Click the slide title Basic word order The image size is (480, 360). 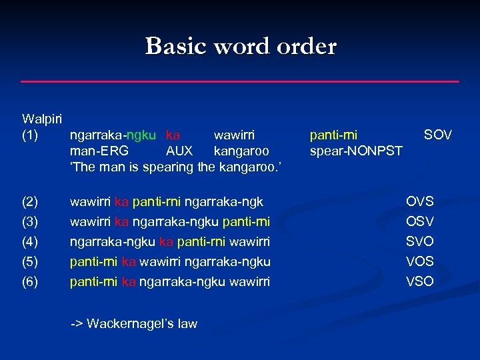point(241,46)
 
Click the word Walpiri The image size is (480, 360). point(42,119)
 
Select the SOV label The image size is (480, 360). point(438,135)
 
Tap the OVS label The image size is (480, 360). point(420,201)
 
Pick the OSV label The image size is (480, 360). point(420,221)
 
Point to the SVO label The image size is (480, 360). point(420,241)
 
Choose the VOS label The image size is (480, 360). point(420,261)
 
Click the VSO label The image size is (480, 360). point(420,281)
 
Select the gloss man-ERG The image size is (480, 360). point(99,151)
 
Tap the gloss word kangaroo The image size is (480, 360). point(241,151)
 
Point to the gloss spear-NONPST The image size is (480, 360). point(356,151)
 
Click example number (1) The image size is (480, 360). point(31,135)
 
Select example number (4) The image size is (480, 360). point(31,241)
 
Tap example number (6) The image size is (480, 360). point(31,281)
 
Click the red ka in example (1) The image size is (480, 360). point(173,135)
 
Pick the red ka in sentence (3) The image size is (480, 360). point(121,221)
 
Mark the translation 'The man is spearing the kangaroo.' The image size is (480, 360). point(176,167)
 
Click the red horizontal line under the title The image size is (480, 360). point(240,81)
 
